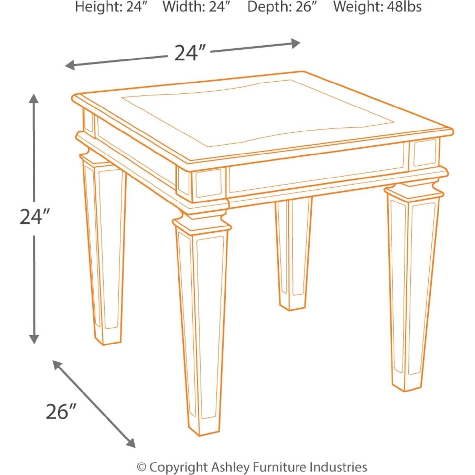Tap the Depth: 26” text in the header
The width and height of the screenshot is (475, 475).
coord(282,7)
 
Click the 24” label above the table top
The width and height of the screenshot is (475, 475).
coord(190,53)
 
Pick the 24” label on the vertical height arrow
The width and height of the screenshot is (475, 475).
coord(35,217)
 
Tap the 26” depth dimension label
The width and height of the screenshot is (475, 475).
coord(60,412)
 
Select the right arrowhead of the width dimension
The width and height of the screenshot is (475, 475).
coord(296,43)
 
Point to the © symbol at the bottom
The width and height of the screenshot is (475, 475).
coord(142,467)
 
